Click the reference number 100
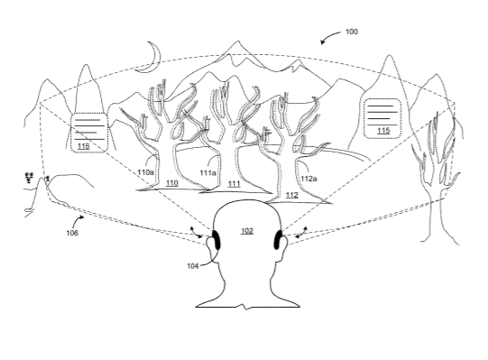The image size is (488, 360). [x=352, y=32]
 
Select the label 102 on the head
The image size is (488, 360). [x=247, y=231]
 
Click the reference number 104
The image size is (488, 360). [x=193, y=265]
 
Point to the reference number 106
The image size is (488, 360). [x=72, y=233]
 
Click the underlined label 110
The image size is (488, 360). [x=171, y=183]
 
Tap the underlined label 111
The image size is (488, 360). [x=234, y=184]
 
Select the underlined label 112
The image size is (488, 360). [x=291, y=195]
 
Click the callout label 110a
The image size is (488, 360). [x=145, y=171]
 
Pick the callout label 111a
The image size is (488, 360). [x=207, y=172]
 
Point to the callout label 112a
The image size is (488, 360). [x=308, y=179]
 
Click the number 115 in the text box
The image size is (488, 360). [x=383, y=131]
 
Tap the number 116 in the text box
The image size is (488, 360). [x=83, y=146]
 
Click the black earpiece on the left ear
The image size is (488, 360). [x=216, y=240]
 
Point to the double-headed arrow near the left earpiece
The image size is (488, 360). [x=195, y=233]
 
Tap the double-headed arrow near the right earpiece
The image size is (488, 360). [x=302, y=233]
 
